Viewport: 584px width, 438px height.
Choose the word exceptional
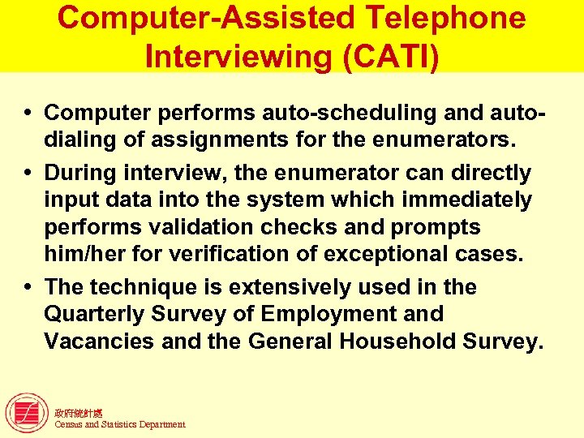(392, 255)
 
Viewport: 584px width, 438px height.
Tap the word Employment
(353, 315)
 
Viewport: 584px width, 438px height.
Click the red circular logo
(26, 413)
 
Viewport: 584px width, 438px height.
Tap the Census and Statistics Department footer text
(119, 424)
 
